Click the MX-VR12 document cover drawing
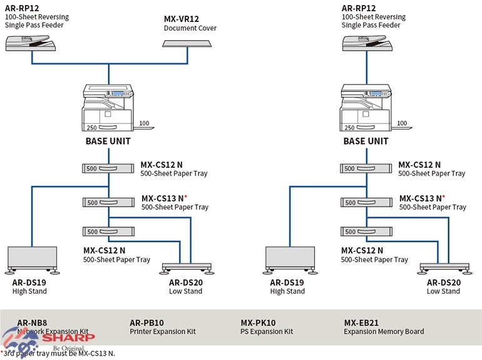188,43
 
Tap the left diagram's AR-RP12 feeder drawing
31,43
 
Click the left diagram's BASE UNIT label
108,141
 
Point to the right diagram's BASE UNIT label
366,141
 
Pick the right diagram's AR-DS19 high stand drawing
290,260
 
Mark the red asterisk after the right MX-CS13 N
444,197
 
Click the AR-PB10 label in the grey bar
146,322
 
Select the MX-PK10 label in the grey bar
258,322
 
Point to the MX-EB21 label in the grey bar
361,322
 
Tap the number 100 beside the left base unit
145,123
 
